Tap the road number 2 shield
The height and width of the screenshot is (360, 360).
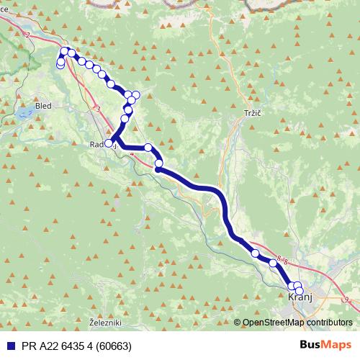click(x=27, y=34)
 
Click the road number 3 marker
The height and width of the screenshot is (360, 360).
click(x=98, y=109)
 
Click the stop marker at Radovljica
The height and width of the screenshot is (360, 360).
click(x=109, y=143)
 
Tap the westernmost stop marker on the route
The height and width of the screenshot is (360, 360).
click(x=60, y=65)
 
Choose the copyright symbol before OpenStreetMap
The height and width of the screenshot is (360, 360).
click(x=238, y=323)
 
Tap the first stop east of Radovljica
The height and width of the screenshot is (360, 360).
click(x=148, y=148)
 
